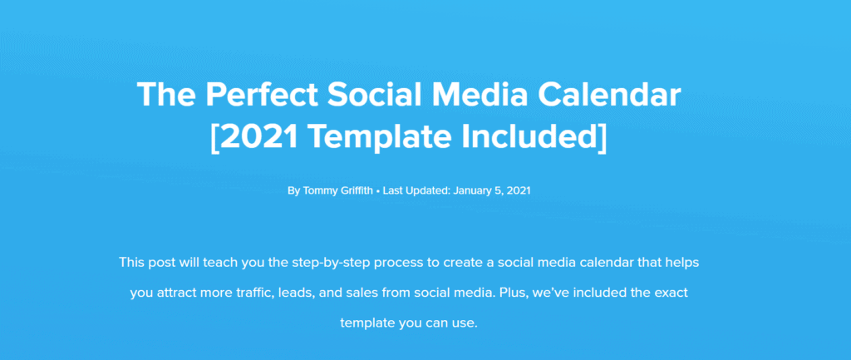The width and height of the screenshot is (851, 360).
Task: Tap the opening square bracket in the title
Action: (x=215, y=137)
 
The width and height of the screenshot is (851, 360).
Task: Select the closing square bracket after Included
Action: (x=602, y=137)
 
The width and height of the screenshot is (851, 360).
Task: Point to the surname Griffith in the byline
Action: (x=354, y=191)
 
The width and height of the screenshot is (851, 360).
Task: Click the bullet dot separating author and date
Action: (x=378, y=192)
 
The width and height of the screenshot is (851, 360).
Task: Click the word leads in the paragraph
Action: (x=293, y=293)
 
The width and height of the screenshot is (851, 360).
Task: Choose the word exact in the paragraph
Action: (x=671, y=293)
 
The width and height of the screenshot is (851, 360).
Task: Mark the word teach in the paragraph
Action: (x=216, y=263)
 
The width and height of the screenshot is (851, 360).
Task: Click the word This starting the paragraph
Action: (x=130, y=263)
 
